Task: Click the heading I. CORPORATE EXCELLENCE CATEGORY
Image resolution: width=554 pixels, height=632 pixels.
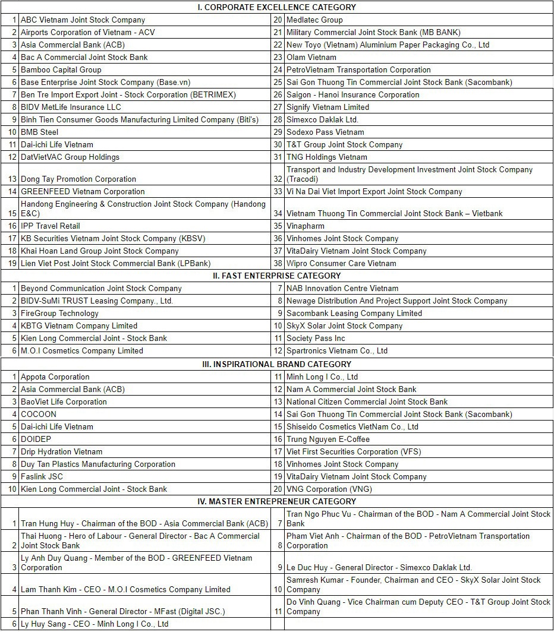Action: [x=276, y=7]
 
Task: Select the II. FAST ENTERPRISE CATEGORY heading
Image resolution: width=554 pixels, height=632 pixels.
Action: [x=276, y=276]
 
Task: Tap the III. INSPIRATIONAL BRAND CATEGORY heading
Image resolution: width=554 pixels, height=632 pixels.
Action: [x=276, y=364]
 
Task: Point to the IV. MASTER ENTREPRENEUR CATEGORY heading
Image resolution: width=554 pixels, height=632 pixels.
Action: [x=276, y=501]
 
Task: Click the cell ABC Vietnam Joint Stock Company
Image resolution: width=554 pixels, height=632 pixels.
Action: [x=83, y=20]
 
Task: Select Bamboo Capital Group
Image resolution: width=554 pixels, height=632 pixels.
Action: [x=61, y=69]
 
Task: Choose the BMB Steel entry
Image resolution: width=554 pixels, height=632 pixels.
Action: [x=39, y=132]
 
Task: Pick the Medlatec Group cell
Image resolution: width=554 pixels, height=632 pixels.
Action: [x=314, y=20]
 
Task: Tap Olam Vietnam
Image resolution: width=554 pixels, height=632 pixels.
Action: [x=311, y=57]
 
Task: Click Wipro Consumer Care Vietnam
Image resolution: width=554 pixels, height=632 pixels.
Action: [x=341, y=263]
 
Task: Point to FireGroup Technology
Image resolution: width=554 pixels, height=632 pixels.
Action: [x=59, y=313]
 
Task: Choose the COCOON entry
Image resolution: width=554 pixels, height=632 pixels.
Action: [x=39, y=414]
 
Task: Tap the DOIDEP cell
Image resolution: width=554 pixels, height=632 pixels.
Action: [x=36, y=439]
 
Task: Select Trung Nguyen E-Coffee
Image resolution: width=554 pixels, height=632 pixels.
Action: [x=328, y=439]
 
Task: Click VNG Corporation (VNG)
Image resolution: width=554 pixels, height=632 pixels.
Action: [x=325, y=489]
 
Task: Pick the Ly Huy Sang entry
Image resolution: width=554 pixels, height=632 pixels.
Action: [x=95, y=624]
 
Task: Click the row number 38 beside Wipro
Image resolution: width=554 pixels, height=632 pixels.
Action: [x=278, y=263]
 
